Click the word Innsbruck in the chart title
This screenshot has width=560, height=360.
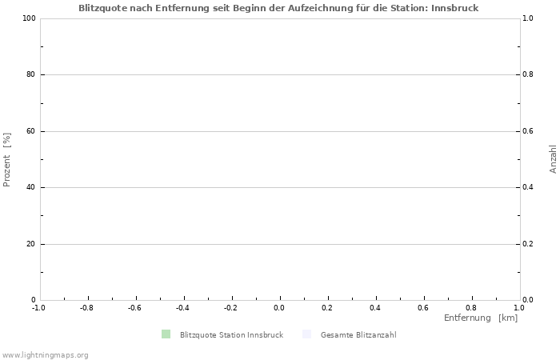point(454,7)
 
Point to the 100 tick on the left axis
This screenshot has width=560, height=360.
point(29,18)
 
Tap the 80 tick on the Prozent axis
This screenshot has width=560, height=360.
point(31,74)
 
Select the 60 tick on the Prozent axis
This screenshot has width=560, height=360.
point(31,131)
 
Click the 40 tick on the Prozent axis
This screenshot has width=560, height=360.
point(31,187)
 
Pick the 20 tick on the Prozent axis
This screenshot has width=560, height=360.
point(31,244)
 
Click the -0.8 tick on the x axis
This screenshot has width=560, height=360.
point(86,307)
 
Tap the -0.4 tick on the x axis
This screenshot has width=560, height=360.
point(182,307)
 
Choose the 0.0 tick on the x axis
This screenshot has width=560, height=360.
point(279,307)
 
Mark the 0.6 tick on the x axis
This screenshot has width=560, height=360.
point(423,307)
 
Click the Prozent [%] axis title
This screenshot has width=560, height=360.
point(7,159)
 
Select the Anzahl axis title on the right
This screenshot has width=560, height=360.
point(553,159)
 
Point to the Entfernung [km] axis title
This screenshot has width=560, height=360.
point(481,318)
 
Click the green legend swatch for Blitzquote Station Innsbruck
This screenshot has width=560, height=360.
point(166,334)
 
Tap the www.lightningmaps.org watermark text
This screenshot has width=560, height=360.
point(45,354)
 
